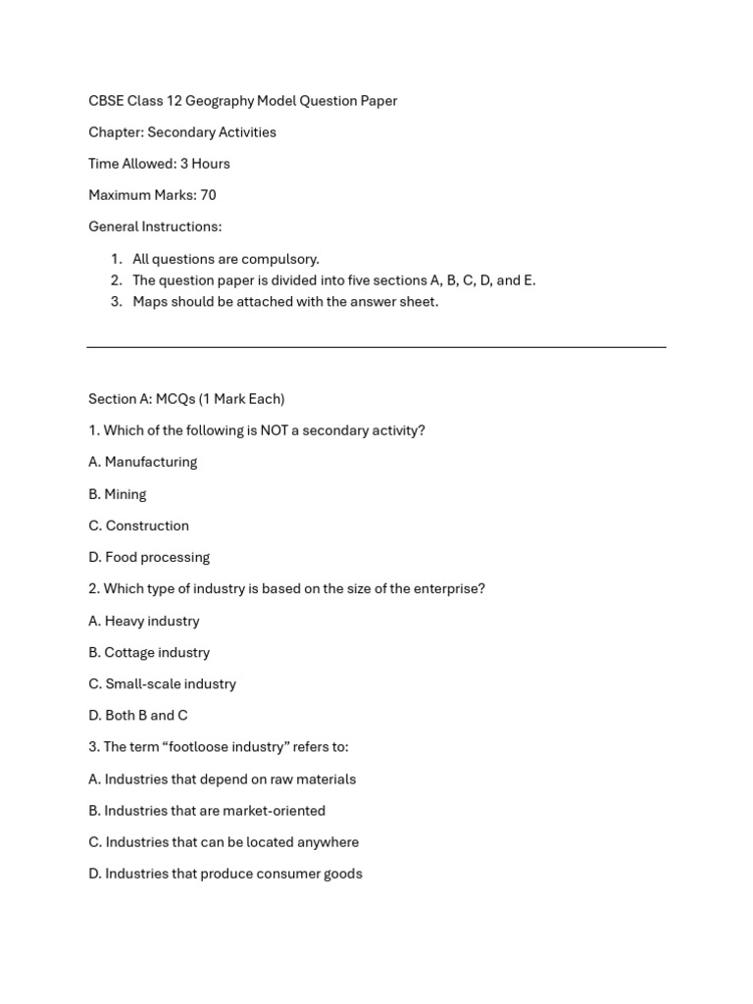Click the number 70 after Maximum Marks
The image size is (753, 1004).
tap(208, 195)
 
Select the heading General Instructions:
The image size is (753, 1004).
tap(155, 226)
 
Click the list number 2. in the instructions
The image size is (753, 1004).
tap(116, 280)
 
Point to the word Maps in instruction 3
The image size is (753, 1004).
tap(149, 302)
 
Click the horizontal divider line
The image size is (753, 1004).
tap(376, 347)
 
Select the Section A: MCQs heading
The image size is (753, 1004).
tap(186, 399)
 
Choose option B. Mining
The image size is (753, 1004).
tap(118, 494)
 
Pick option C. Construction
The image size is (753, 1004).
tap(138, 526)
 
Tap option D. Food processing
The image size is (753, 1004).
tap(149, 557)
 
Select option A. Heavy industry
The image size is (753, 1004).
tap(144, 621)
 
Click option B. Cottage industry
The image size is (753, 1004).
tap(149, 652)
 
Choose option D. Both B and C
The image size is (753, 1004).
tap(138, 716)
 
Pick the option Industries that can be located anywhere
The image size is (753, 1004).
tap(224, 842)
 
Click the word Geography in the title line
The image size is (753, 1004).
tap(219, 101)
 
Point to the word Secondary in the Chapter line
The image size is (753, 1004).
tap(179, 132)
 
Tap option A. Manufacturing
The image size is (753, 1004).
tap(143, 462)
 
